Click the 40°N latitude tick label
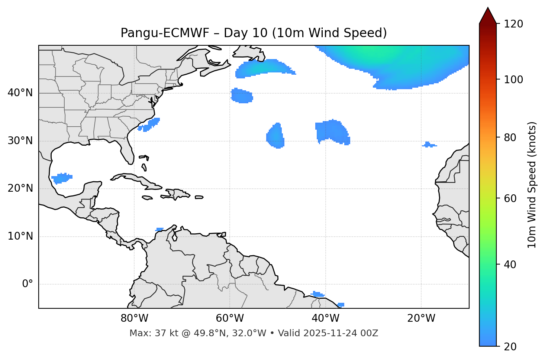click(x=20, y=93)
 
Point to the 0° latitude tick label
click(x=28, y=284)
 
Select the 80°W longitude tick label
click(x=134, y=318)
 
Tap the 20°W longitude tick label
click(x=421, y=318)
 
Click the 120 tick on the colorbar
click(x=513, y=24)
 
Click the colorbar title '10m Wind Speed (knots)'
click(x=532, y=185)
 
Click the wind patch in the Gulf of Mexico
click(x=61, y=178)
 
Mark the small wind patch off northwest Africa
click(x=429, y=145)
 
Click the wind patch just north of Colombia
click(x=159, y=229)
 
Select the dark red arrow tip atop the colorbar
click(x=488, y=16)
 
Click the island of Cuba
click(x=138, y=180)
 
